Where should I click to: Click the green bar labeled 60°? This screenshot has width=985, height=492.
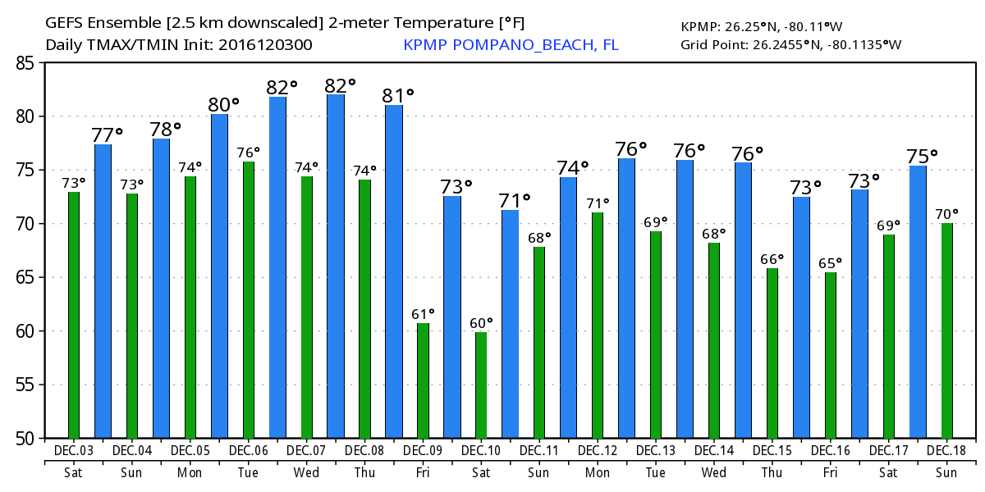point(481,385)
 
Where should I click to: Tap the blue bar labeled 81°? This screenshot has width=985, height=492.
point(394,271)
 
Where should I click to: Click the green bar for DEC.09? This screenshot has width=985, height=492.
point(423,380)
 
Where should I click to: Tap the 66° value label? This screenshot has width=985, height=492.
point(771,259)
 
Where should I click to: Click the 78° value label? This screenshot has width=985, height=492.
point(165,130)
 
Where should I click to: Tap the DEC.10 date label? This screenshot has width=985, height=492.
point(481,451)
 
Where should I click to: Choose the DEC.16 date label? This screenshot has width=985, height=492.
point(831,451)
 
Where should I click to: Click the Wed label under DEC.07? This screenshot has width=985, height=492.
point(306,472)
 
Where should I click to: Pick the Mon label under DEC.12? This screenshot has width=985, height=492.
point(598,472)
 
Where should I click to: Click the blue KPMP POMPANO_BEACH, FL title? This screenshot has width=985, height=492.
point(511,44)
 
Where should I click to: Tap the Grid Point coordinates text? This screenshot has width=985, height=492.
point(790,44)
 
